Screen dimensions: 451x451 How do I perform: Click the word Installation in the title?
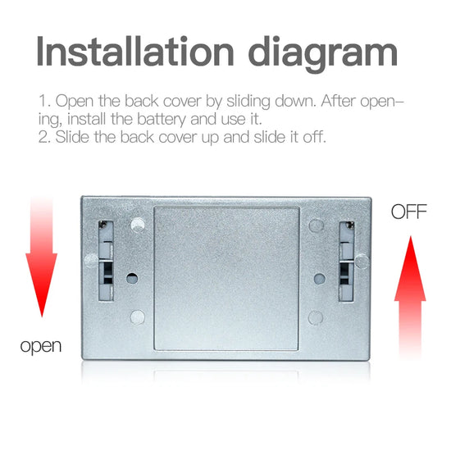[135, 52]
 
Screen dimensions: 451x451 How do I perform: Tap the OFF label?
[408, 212]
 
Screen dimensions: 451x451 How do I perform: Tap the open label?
[41, 346]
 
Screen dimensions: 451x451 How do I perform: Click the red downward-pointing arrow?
[42, 257]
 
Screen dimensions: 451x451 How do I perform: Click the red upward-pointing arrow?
[410, 296]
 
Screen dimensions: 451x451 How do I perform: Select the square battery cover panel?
[226, 279]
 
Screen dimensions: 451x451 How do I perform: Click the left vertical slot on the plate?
[106, 261]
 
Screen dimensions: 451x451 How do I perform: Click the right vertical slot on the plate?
[347, 262]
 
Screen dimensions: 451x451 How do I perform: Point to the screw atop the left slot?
[102, 225]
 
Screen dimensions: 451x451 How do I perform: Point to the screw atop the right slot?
[350, 225]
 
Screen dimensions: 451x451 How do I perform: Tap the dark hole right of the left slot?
[132, 279]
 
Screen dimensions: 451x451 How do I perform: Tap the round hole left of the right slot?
[320, 279]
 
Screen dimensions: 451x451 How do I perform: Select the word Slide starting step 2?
[72, 137]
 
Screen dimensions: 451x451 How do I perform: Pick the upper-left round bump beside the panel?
[138, 225]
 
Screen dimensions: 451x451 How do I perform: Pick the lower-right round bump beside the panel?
[316, 318]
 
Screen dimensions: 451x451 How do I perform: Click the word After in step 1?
[338, 101]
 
